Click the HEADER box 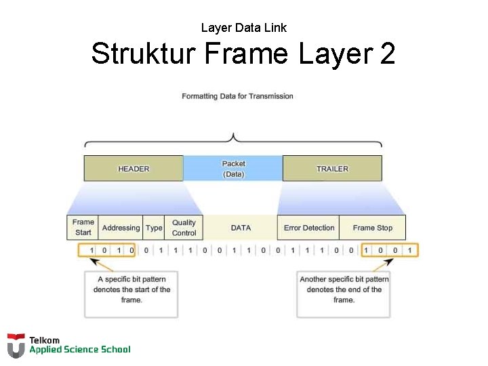(x=134, y=168)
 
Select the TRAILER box (x=332, y=168)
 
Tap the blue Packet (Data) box (x=233, y=168)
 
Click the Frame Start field (x=83, y=227)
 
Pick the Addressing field (x=121, y=227)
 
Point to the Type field (x=154, y=227)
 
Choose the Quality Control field (x=184, y=227)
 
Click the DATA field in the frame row (x=241, y=227)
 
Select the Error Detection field (x=309, y=227)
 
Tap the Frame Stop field (x=372, y=227)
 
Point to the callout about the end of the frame (x=344, y=293)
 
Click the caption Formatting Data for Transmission (x=237, y=96)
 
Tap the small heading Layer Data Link (x=244, y=28)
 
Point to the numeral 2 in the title (x=387, y=54)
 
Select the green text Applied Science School (x=79, y=350)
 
